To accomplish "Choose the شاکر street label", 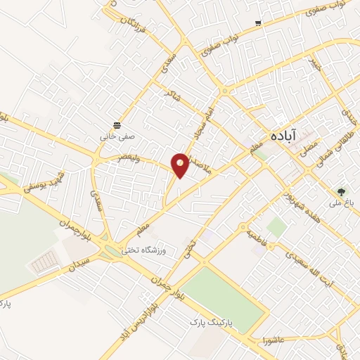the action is pyautogui.click(x=169, y=94).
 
